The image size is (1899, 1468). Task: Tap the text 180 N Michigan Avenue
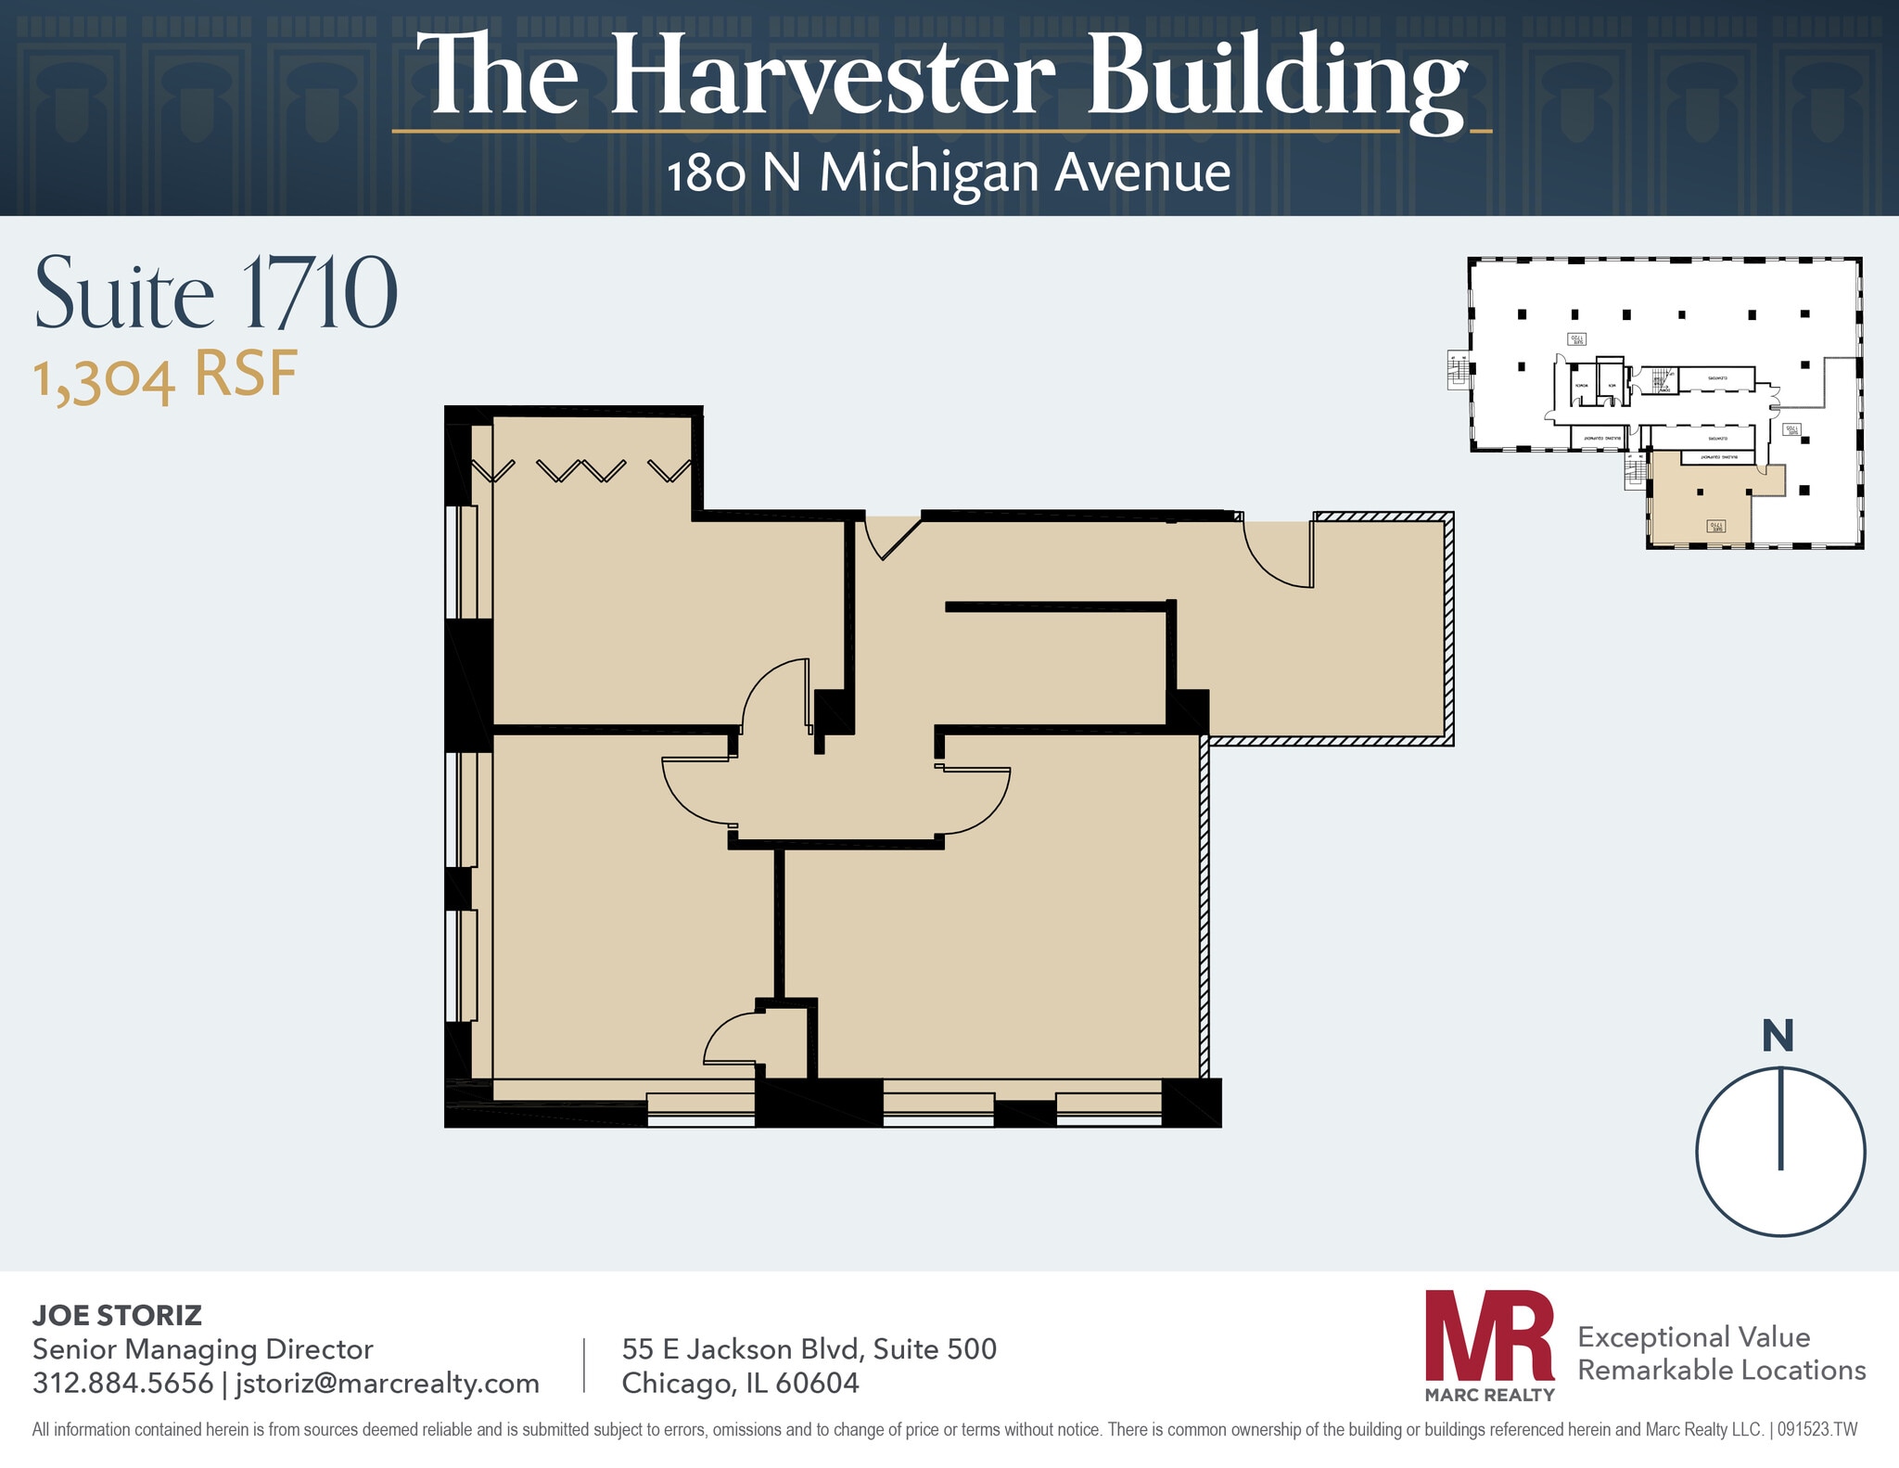tap(949, 173)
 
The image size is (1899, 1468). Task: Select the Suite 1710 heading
tap(216, 294)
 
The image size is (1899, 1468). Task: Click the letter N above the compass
tap(1778, 1036)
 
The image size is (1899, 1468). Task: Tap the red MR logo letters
tap(1489, 1336)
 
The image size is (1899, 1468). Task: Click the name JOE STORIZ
tap(117, 1315)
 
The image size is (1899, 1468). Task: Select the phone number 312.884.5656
tap(122, 1383)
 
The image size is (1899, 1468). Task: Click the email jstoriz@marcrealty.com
tap(388, 1383)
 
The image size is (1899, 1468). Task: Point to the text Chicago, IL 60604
tap(740, 1383)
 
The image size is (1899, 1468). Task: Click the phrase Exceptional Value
tap(1693, 1336)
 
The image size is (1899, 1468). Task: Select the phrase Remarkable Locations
tap(1721, 1370)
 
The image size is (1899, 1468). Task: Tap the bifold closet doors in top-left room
tap(582, 470)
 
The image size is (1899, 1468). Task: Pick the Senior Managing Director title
tap(202, 1348)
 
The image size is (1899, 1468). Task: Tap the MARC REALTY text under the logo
tap(1489, 1395)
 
